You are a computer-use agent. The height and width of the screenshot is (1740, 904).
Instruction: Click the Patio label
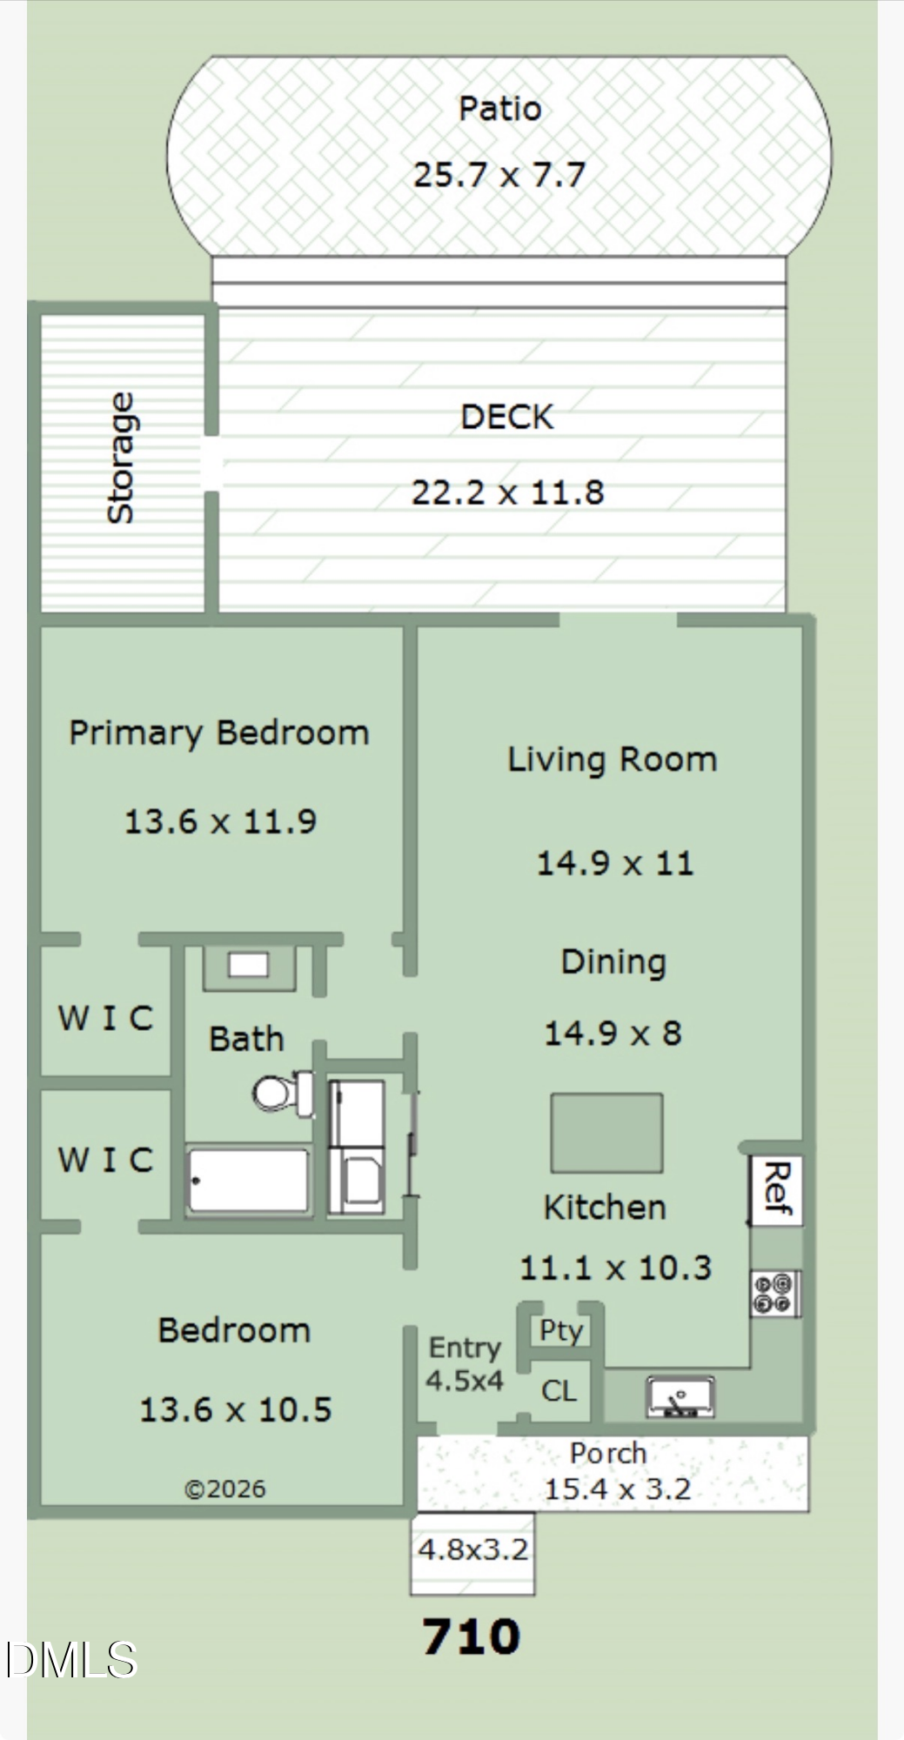[499, 109]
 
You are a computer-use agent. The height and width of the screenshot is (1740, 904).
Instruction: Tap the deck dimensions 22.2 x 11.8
[507, 492]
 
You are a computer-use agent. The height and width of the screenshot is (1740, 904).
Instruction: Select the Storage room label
[120, 458]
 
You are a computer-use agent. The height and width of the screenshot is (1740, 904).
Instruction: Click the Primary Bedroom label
[219, 733]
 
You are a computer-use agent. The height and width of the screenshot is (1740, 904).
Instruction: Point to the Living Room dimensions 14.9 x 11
[614, 863]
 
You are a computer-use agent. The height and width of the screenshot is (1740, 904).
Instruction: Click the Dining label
[613, 962]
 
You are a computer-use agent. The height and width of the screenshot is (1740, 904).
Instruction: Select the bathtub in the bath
[248, 1181]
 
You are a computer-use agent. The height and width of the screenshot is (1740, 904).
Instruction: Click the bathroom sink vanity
[249, 967]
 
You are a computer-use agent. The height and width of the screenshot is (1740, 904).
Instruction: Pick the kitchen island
[606, 1133]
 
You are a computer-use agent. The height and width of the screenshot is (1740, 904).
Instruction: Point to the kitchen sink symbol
[680, 1396]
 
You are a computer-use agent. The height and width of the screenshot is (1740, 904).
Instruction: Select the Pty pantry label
[561, 1331]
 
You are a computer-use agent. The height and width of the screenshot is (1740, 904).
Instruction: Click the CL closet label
[559, 1390]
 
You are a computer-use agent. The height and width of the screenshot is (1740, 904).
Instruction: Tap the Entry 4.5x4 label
[465, 1363]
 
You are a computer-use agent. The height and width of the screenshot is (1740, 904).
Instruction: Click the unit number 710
[471, 1636]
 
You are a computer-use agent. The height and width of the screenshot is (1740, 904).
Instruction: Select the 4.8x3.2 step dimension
[472, 1549]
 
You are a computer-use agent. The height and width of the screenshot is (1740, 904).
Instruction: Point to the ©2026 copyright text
[224, 1489]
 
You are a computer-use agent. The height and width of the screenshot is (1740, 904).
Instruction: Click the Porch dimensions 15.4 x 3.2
[617, 1489]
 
